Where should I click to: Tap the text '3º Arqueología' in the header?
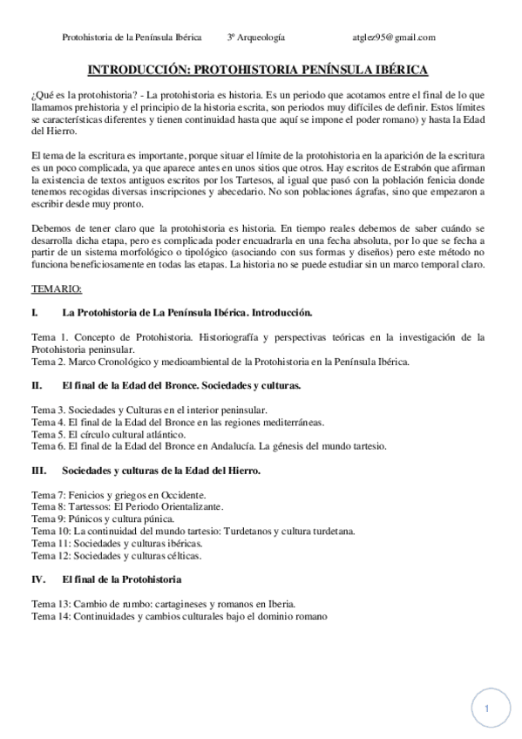point(256,37)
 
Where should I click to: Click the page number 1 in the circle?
point(487,709)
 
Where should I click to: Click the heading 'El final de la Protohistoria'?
point(122,578)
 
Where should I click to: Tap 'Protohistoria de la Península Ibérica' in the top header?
point(132,37)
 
